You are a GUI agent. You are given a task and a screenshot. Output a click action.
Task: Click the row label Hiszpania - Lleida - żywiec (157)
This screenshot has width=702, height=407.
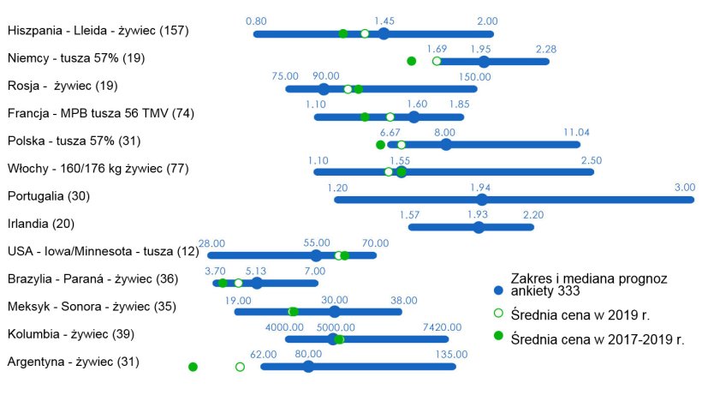point(98,31)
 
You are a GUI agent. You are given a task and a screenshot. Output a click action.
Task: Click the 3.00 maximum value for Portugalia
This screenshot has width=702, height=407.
point(684,187)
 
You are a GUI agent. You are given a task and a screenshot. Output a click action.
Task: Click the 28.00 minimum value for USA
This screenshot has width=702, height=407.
point(211,243)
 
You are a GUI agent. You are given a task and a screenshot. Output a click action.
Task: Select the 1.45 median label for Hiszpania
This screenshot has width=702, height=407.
point(384,21)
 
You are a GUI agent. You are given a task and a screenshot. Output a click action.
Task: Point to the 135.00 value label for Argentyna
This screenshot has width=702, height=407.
point(452,354)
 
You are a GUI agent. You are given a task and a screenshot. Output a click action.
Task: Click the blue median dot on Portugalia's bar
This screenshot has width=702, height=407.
point(481,200)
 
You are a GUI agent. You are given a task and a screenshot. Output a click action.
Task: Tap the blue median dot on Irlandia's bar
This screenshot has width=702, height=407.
point(479,227)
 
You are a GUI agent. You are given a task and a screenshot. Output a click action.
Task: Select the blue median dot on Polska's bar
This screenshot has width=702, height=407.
point(446,144)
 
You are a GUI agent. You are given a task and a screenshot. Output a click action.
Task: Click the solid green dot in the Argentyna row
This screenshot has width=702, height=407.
point(193,367)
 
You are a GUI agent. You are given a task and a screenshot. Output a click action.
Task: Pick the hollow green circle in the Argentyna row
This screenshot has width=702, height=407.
point(240,367)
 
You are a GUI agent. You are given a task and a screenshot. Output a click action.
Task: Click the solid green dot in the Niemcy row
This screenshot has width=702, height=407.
point(411,61)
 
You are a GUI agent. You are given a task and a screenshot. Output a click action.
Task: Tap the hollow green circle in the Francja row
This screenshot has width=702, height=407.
point(390,117)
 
